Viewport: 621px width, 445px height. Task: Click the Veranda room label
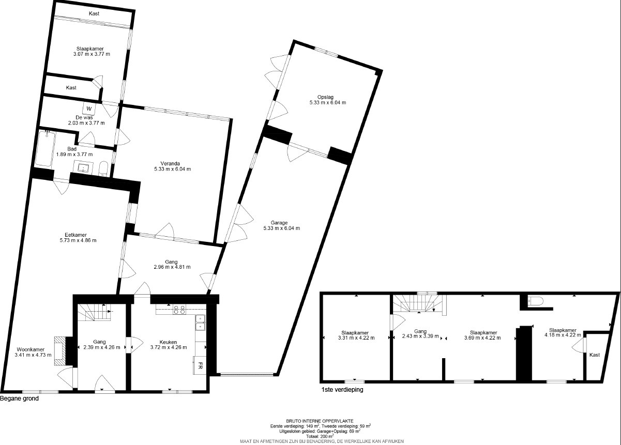click(170, 163)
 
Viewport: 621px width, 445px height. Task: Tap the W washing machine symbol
click(89, 109)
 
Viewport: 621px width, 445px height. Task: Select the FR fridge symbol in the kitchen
click(200, 366)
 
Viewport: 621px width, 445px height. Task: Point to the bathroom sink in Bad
click(83, 167)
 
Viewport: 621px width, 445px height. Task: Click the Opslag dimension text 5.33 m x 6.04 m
click(328, 102)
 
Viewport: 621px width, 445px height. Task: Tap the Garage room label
click(279, 222)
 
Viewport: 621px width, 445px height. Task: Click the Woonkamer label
click(31, 349)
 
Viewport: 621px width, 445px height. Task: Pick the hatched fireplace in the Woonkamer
click(60, 351)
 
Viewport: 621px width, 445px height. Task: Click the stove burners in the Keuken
click(179, 310)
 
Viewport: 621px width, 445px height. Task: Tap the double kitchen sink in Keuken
click(200, 323)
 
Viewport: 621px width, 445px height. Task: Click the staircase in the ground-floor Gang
click(95, 313)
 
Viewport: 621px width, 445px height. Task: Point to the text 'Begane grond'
click(20, 398)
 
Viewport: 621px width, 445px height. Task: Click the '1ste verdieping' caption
click(342, 390)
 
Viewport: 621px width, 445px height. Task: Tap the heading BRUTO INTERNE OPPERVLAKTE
click(320, 421)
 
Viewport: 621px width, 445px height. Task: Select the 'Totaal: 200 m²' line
click(320, 436)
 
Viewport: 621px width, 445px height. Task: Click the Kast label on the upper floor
click(595, 355)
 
